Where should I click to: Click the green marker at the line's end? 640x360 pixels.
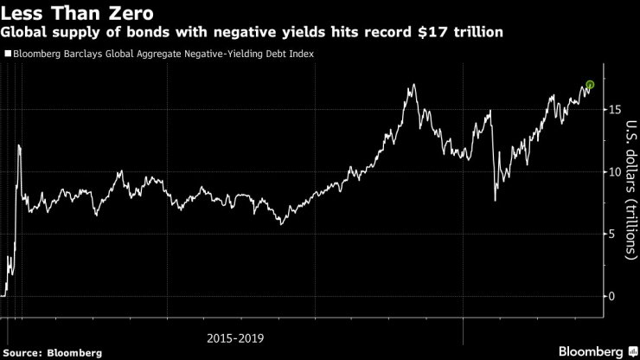(x=590, y=85)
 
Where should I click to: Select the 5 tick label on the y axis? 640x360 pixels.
(x=613, y=235)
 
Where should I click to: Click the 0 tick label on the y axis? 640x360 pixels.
(x=613, y=297)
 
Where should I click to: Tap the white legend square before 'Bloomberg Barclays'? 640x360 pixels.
(x=8, y=54)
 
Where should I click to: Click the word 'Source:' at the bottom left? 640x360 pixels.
(x=23, y=353)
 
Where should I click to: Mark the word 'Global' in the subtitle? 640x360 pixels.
(x=25, y=32)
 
